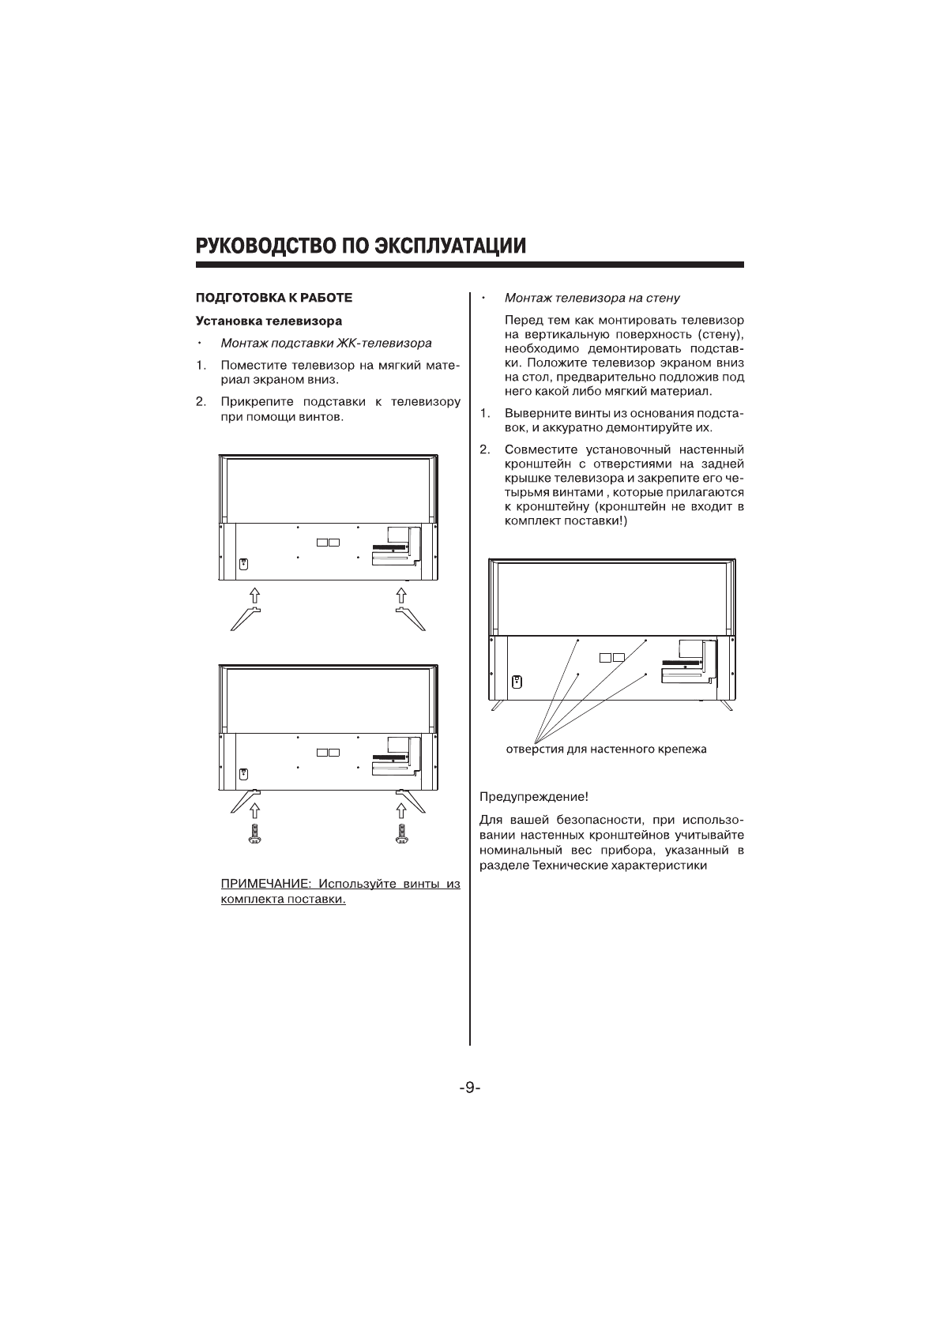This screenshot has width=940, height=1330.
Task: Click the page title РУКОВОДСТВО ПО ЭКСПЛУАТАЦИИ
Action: [361, 246]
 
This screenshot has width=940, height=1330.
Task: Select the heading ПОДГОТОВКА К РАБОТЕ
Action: [273, 298]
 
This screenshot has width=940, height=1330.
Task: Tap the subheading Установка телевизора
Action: [269, 321]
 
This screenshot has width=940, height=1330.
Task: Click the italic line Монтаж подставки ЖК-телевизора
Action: [325, 344]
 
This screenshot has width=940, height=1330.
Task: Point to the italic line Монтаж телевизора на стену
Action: [592, 298]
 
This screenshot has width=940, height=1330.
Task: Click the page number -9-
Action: [469, 1088]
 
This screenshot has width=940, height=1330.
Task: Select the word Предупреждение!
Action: [534, 796]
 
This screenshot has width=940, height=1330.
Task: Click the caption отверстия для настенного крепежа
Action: [606, 749]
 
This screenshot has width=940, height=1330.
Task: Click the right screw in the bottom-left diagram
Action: [401, 833]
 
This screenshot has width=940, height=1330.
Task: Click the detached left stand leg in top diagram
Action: [245, 618]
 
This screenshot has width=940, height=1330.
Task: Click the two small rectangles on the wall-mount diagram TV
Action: [611, 657]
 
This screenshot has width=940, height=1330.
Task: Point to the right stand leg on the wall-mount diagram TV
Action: [726, 704]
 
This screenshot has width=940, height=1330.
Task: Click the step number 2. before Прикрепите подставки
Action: [201, 401]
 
